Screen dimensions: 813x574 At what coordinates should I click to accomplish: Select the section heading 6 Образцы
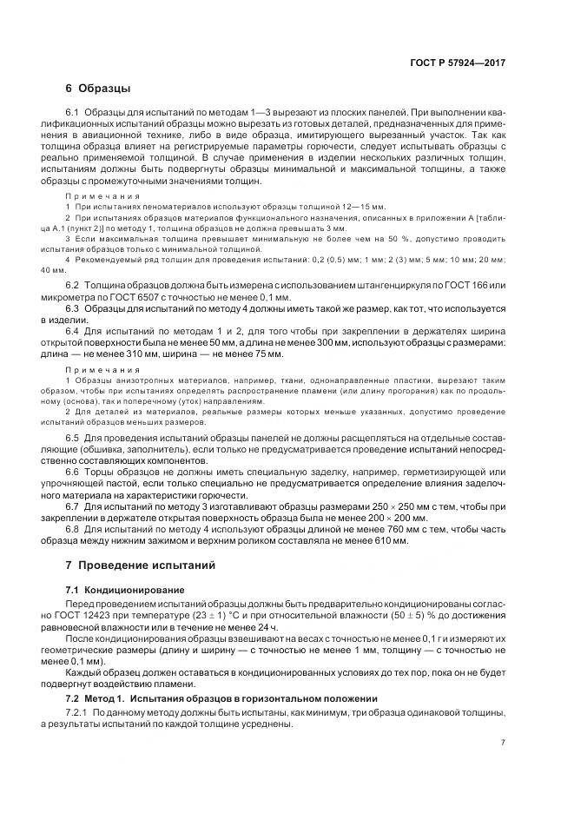click(x=98, y=89)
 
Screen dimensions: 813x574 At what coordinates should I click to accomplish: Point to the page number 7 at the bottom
click(x=503, y=743)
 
